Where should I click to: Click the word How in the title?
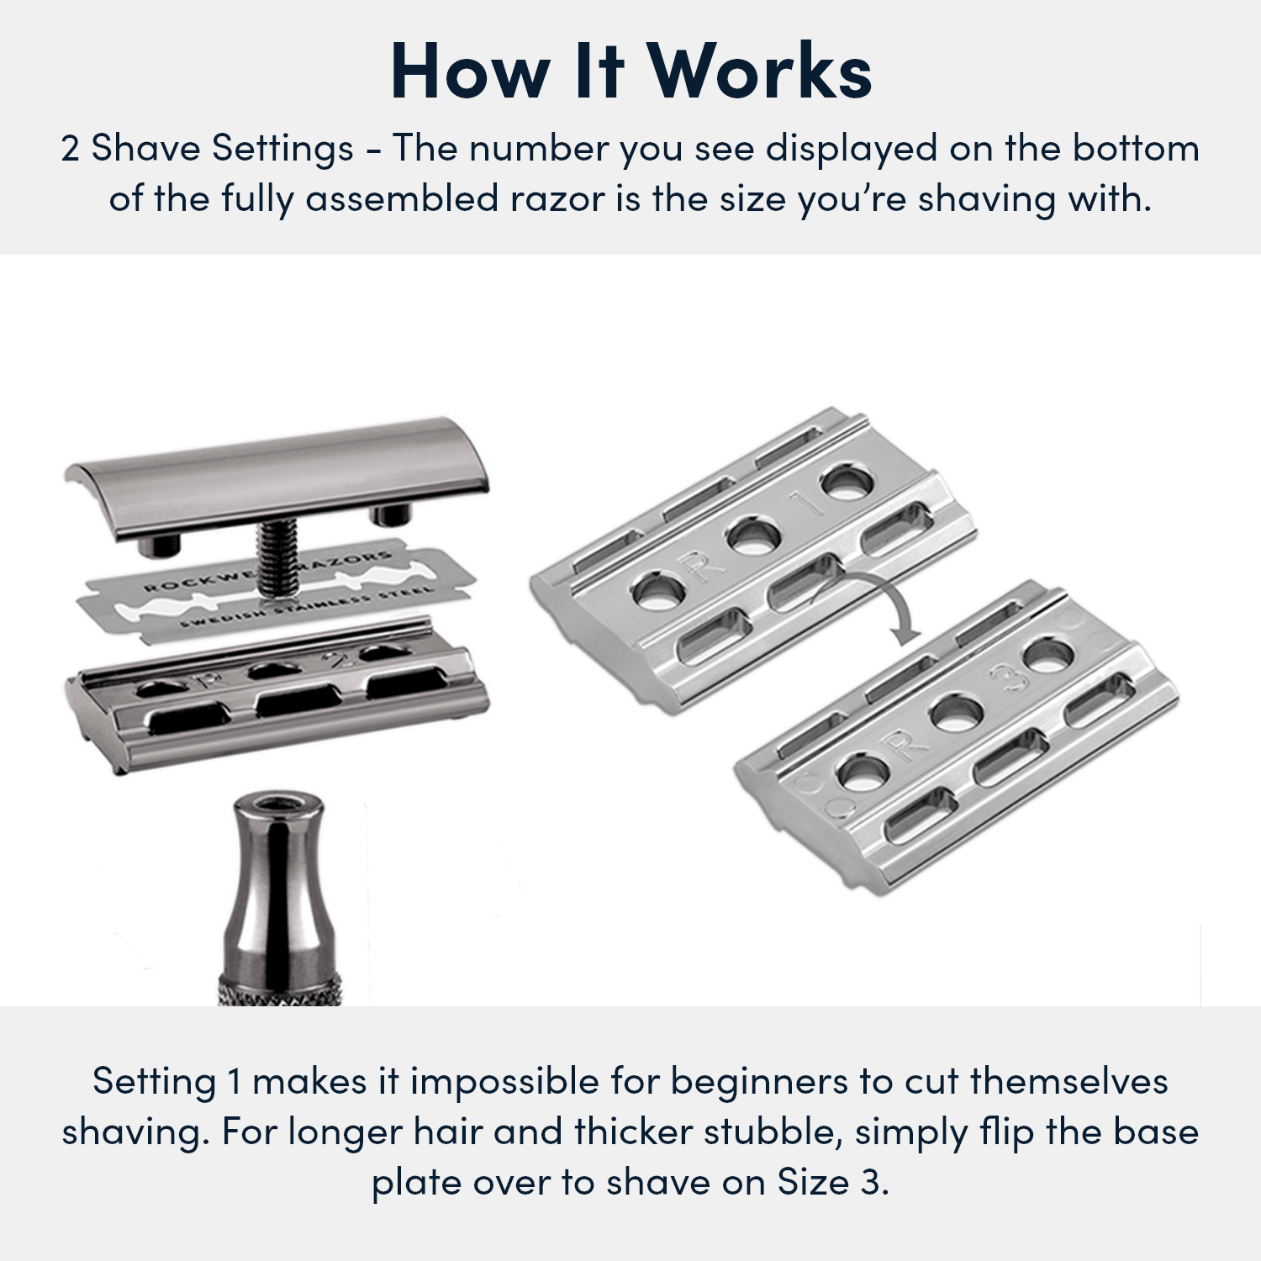[471, 72]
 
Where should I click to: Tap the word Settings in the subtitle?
[282, 149]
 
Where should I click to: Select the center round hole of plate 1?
[753, 536]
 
